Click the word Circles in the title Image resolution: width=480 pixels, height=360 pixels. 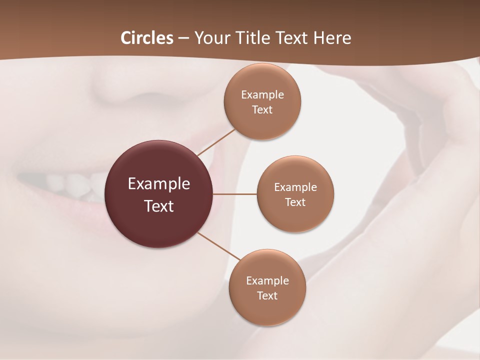[146, 38]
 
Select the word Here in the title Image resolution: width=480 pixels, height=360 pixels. [332, 38]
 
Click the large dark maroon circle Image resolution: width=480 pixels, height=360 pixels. [159, 194]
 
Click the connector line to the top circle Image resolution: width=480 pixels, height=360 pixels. [216, 142]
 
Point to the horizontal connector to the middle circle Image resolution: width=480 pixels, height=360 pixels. [235, 194]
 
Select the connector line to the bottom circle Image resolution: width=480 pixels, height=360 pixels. [219, 246]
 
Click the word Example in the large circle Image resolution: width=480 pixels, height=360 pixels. [159, 184]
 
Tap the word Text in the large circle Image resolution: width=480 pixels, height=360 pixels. [159, 206]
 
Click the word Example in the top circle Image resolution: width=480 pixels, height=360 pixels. [262, 95]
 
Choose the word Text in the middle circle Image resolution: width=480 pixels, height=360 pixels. [295, 202]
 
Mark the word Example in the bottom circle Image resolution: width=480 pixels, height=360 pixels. [267, 281]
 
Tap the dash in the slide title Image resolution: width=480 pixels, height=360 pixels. [183, 38]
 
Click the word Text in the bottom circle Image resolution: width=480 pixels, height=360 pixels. [267, 296]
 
